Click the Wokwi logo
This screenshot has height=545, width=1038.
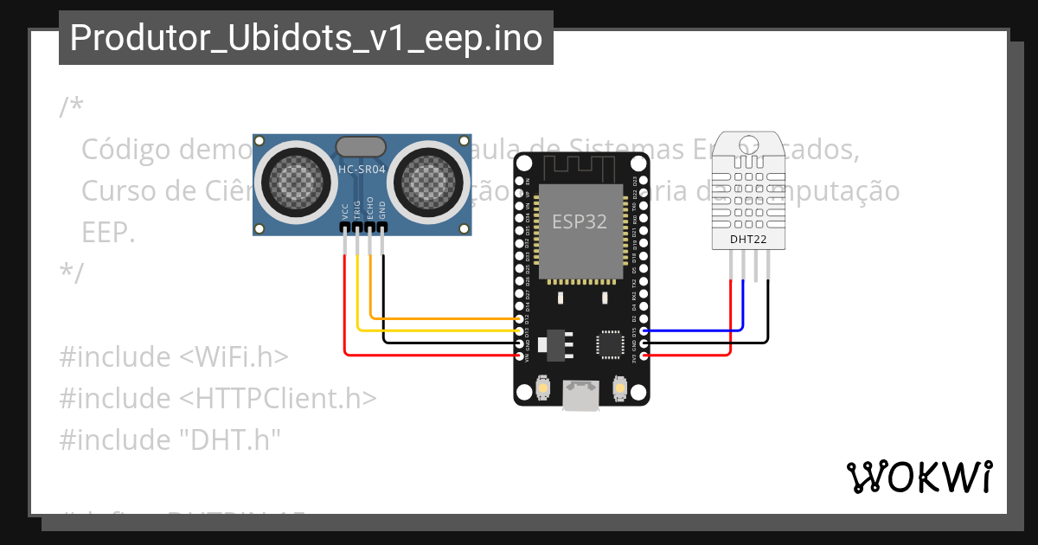pos(919,477)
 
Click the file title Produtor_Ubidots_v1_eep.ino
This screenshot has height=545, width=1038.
pos(306,38)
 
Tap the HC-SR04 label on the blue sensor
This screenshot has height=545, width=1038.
pos(362,170)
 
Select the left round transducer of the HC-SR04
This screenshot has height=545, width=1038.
pos(295,179)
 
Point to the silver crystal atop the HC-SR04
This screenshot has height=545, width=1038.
pos(362,146)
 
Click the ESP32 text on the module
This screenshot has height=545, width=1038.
pos(580,221)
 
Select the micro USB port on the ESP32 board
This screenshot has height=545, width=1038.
pos(580,395)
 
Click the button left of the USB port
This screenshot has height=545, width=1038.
pos(542,388)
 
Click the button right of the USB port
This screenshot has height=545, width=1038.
pos(618,388)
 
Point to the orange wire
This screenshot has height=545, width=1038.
pos(432,318)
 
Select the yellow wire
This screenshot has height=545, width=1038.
pos(432,330)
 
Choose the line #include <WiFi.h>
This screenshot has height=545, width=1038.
pos(173,357)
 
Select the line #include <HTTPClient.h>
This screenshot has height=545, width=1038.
pos(217,399)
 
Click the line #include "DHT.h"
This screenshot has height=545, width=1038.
pos(170,439)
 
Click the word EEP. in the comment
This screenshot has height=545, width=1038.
pos(107,232)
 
